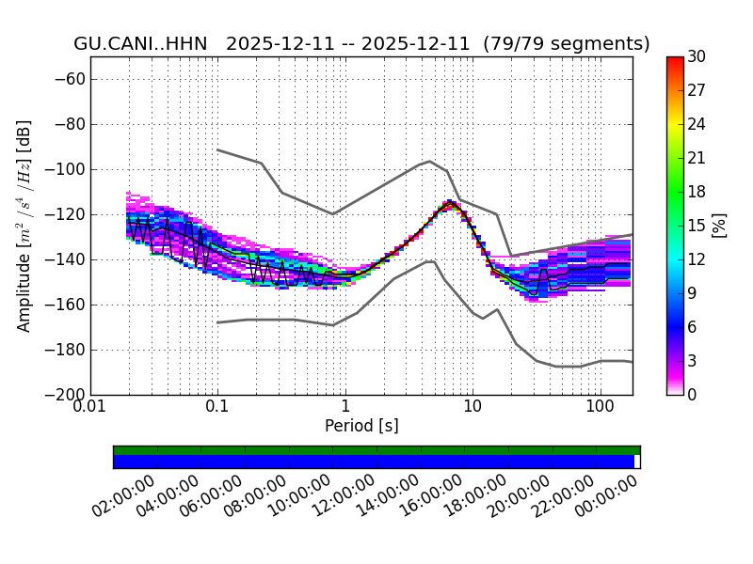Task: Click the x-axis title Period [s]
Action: point(361,426)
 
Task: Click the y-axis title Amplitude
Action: point(24,226)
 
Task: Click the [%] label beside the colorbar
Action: point(720,226)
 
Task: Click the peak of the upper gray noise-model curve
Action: point(430,161)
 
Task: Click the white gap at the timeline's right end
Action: point(637,462)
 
